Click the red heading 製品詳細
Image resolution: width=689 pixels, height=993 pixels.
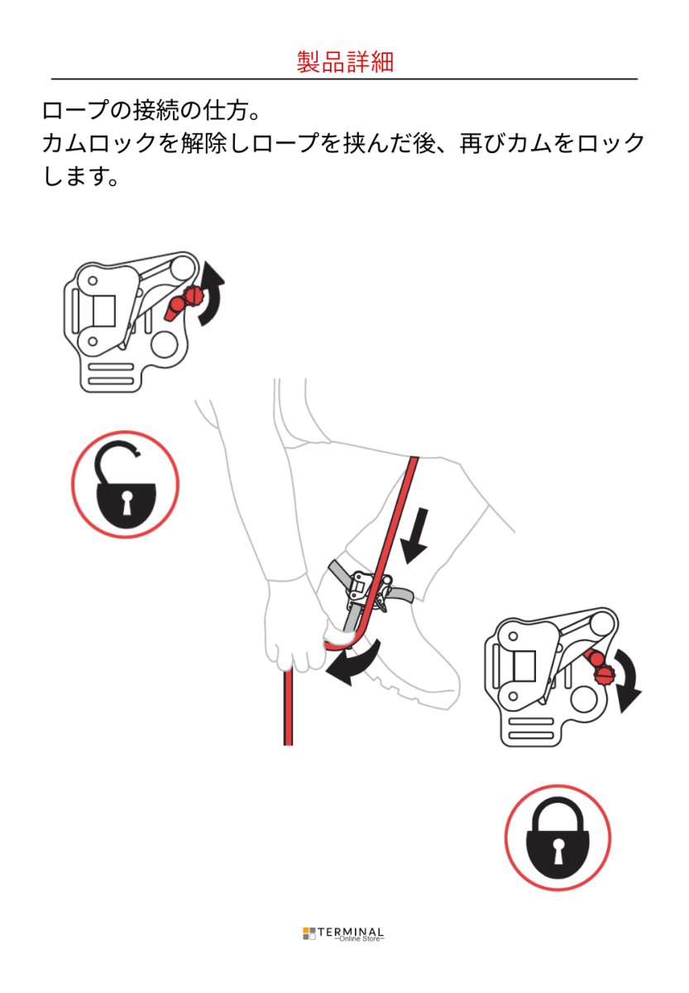coord(345,62)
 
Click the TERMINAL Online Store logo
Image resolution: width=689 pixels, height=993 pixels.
coord(344,934)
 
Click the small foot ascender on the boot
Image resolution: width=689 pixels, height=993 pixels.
coord(362,589)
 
